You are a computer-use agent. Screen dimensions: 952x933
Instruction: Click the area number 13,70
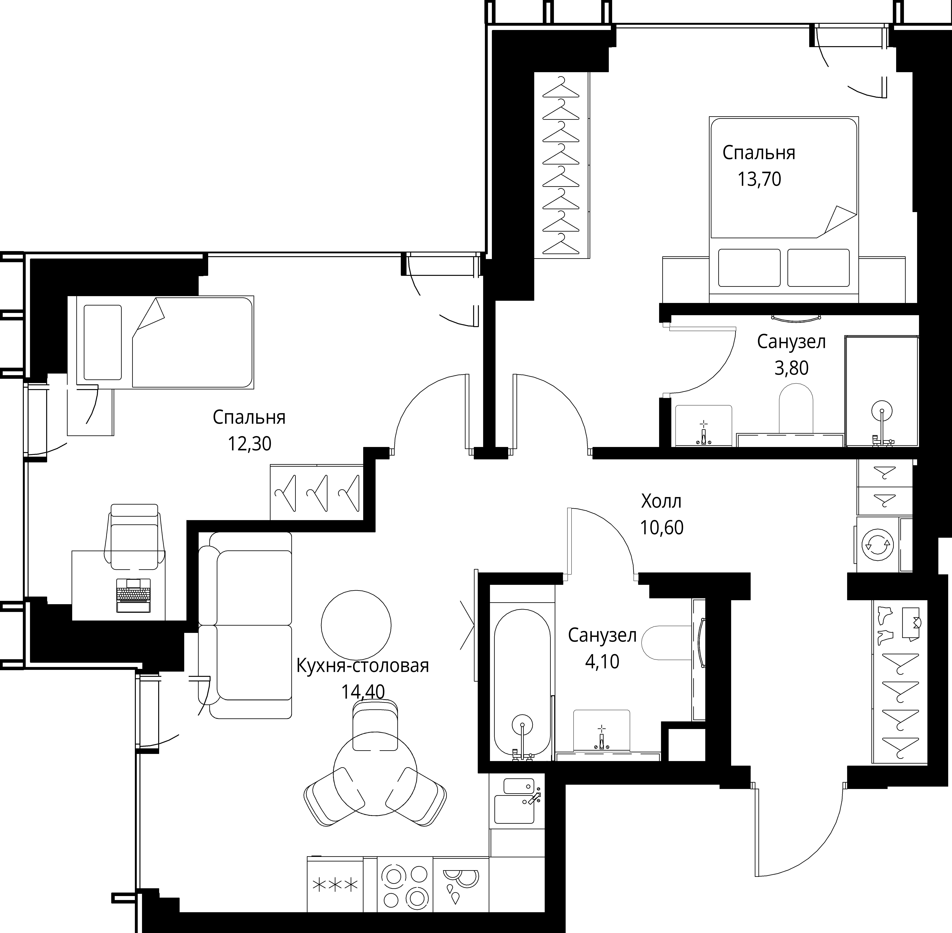(759, 180)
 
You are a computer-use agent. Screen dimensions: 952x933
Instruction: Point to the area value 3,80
(791, 368)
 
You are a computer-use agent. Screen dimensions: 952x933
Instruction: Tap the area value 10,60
(661, 528)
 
